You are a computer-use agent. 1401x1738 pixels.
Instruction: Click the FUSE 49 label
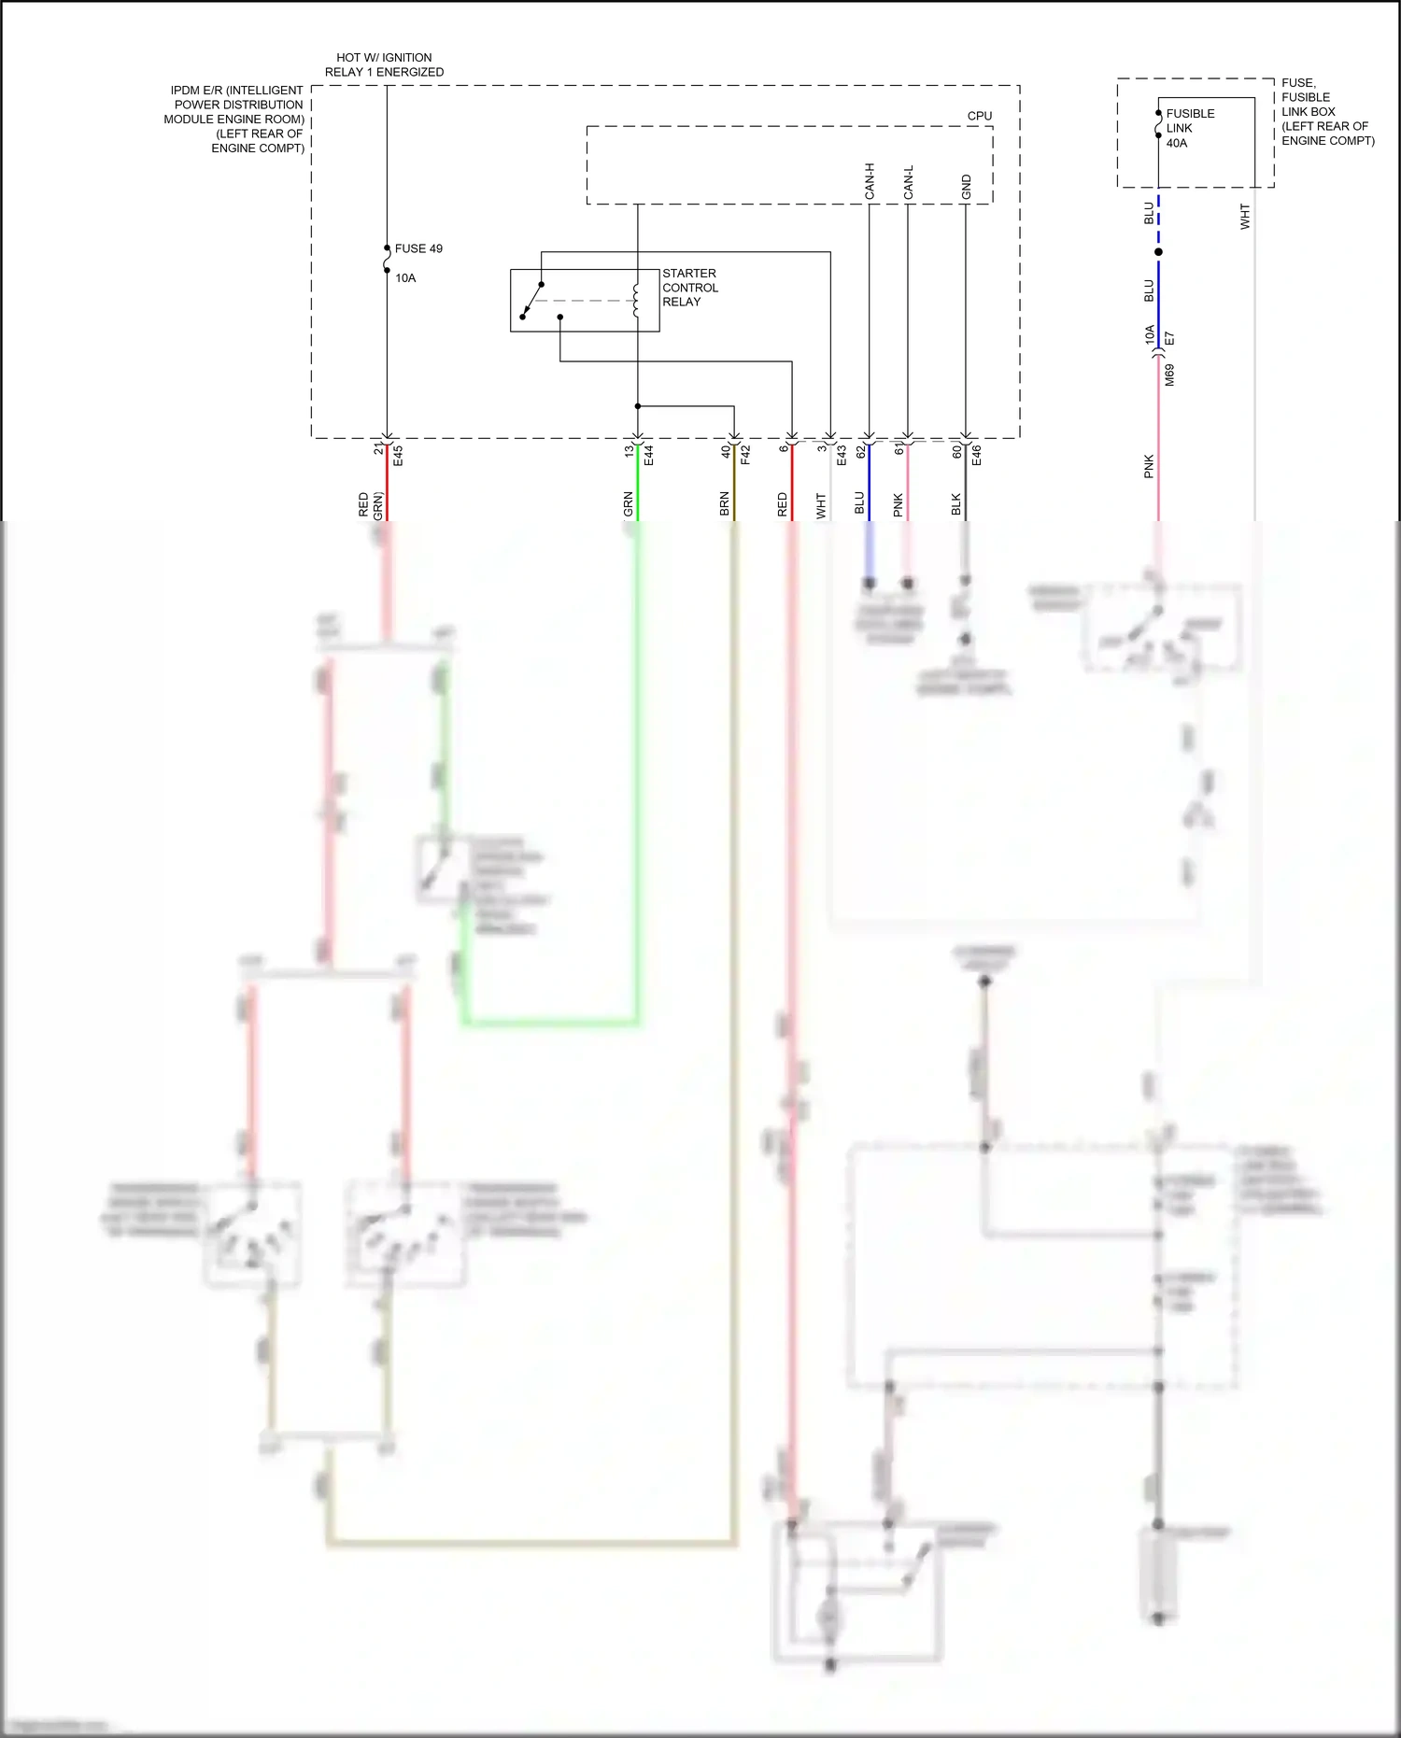click(x=418, y=248)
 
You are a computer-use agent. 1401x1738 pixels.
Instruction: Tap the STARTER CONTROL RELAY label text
click(x=690, y=288)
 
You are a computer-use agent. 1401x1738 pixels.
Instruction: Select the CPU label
click(x=980, y=117)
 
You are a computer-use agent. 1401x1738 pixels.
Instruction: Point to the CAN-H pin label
click(x=870, y=181)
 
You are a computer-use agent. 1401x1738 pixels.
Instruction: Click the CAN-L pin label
click(x=909, y=182)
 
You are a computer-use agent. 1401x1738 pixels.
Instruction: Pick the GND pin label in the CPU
click(x=967, y=187)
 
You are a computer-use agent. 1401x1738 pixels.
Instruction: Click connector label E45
click(x=398, y=456)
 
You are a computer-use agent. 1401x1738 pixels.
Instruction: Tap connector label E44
click(x=648, y=456)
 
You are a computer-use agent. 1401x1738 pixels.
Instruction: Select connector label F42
click(x=745, y=456)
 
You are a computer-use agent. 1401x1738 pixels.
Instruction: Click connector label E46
click(x=977, y=456)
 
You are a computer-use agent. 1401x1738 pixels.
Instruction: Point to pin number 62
click(x=860, y=451)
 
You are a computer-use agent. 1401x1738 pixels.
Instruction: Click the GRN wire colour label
click(x=629, y=504)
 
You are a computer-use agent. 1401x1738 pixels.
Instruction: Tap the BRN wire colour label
click(x=725, y=504)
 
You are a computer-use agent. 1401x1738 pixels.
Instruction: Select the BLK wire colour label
click(x=956, y=504)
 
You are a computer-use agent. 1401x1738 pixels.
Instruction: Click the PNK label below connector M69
click(x=1150, y=467)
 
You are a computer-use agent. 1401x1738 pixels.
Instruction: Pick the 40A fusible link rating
click(x=1177, y=144)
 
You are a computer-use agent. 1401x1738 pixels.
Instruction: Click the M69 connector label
click(x=1169, y=375)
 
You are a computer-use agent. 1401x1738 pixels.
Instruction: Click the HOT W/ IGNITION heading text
click(x=384, y=58)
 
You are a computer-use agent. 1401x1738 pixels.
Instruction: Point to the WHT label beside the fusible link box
click(x=1244, y=217)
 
